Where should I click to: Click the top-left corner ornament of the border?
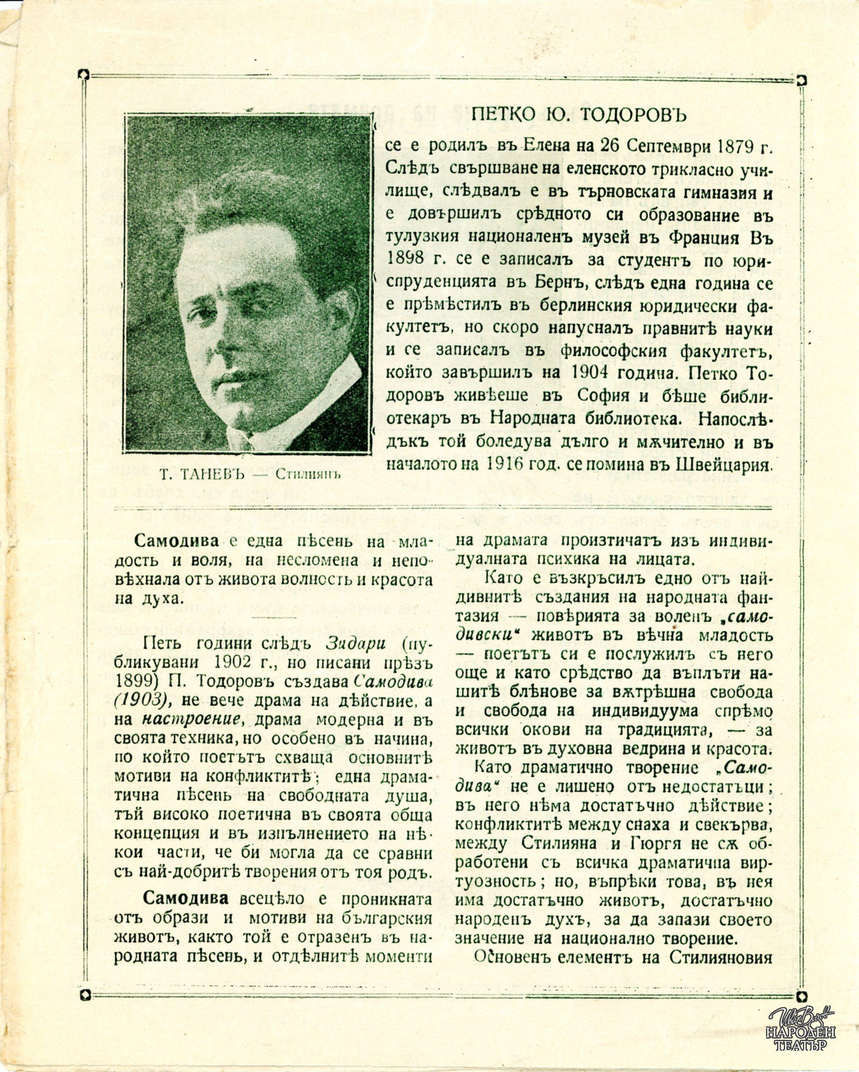tap(84, 75)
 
